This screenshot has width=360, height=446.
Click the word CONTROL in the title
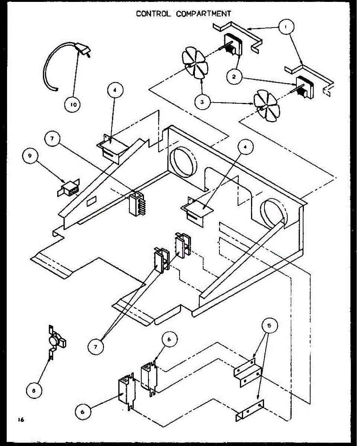(x=154, y=14)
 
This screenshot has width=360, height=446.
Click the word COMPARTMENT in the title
(x=203, y=14)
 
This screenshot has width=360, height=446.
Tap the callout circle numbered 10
(x=73, y=105)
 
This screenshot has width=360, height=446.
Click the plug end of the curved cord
(x=83, y=50)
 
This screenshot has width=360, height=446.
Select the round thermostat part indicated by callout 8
(x=57, y=339)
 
